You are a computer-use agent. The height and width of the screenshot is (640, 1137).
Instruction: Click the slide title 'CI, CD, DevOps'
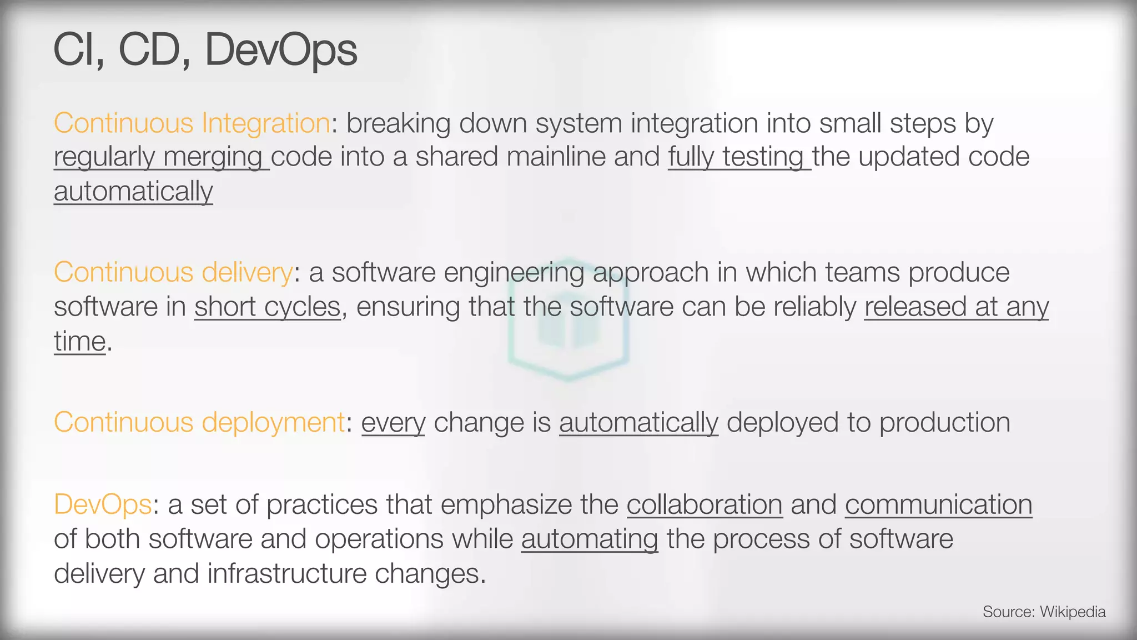tap(205, 50)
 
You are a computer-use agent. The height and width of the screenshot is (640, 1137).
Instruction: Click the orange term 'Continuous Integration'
tap(192, 123)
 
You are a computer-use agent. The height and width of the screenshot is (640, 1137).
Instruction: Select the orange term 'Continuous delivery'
tap(173, 272)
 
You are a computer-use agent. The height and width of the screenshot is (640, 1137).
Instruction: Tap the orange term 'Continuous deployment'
tap(199, 422)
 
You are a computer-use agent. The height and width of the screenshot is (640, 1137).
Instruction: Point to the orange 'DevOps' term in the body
tap(103, 504)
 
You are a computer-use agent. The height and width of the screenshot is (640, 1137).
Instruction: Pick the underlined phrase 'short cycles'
tap(267, 307)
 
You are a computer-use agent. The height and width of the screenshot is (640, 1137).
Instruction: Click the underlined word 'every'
tap(393, 423)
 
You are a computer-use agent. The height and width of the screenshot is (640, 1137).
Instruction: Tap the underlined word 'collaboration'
tap(705, 504)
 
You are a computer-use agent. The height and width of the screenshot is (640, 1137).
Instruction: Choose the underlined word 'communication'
tap(938, 504)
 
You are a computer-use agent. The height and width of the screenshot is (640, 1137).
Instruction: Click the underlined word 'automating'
tap(590, 539)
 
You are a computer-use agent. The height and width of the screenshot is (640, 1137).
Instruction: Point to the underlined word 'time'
tap(79, 341)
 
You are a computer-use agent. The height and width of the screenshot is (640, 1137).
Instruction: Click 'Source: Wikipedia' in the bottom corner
tap(1044, 612)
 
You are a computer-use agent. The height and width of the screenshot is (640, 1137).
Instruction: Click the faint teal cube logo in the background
tap(568, 319)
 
